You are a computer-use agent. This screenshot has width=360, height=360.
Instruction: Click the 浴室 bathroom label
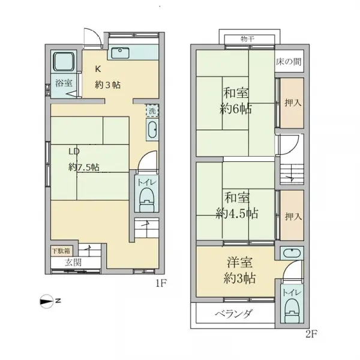[64, 82]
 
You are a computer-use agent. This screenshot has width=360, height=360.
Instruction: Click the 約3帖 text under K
[107, 85]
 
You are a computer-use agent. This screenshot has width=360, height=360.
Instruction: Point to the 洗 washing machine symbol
[152, 110]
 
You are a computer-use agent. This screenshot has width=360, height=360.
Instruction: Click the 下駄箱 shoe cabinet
[59, 251]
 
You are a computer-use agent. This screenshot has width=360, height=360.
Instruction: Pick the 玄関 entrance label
[73, 262]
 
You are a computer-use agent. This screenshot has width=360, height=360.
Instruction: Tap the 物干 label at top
[248, 39]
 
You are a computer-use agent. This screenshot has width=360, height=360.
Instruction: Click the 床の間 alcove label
[289, 62]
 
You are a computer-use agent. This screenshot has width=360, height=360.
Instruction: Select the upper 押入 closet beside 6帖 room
[292, 103]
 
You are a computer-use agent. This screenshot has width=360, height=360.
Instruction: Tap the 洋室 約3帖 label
[237, 271]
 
